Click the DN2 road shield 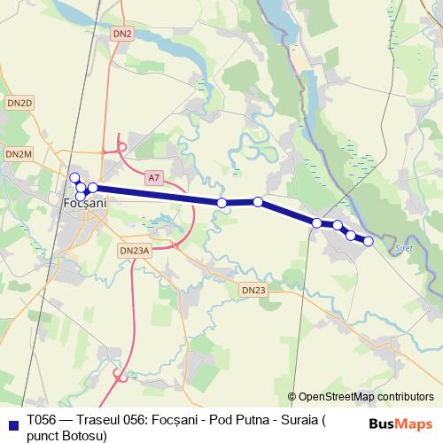[x=122, y=34]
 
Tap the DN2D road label [x=19, y=104]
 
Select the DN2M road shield [x=19, y=154]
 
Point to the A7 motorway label [x=154, y=177]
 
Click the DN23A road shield [x=135, y=251]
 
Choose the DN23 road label [x=253, y=290]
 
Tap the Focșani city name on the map [x=86, y=203]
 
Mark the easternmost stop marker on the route [x=369, y=241]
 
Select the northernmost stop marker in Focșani [x=75, y=177]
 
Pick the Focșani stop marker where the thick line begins [x=92, y=187]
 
